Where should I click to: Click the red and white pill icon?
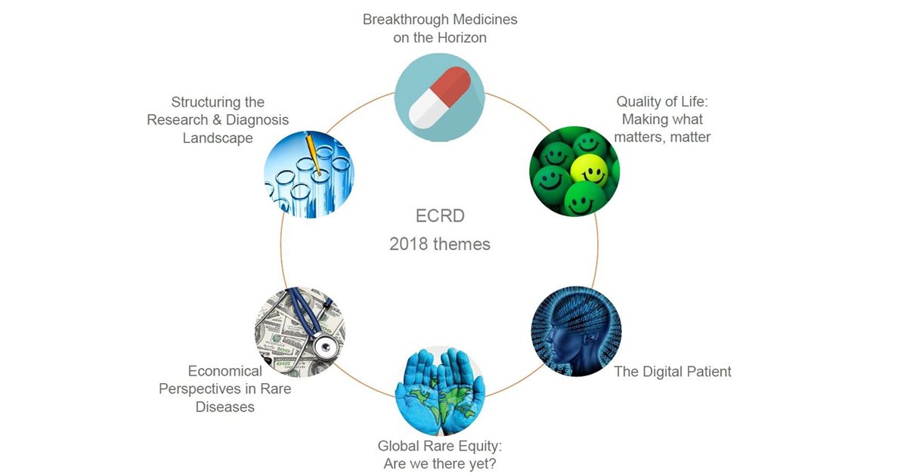coord(440,96)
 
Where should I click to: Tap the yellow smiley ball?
coord(590,170)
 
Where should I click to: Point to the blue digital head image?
coord(576,331)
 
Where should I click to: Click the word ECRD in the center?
coord(440,216)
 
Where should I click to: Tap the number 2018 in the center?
coord(410,244)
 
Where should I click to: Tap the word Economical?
coord(225,371)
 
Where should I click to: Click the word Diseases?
coord(225,406)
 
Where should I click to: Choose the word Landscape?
coord(218,138)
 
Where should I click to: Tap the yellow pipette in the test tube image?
coord(316,155)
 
